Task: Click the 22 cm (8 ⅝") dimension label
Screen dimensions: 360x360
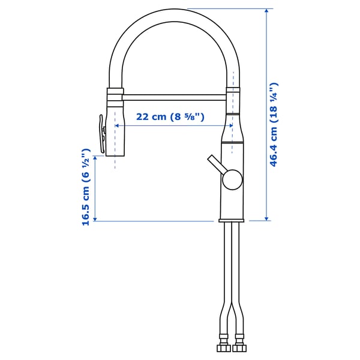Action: tap(170, 116)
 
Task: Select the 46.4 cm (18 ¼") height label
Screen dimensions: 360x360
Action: tap(274, 125)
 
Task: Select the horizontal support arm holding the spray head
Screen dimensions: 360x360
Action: tap(174, 94)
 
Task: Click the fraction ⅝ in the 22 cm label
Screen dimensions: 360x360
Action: tap(196, 116)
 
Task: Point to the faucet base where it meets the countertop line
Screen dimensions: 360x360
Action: tap(232, 220)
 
